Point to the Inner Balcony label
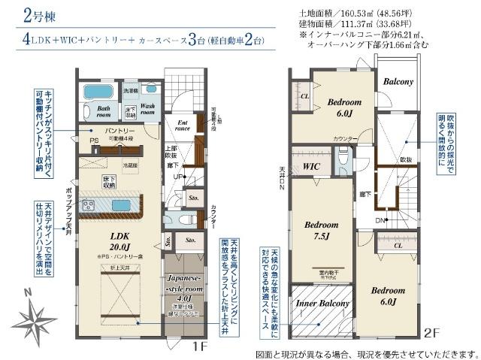pos(322,304)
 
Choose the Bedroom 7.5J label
pos(322,229)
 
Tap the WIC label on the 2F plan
pos(311,166)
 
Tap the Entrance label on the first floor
pos(181,125)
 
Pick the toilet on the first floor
pos(170,219)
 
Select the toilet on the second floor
pos(343,158)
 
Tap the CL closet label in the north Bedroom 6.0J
pos(304,97)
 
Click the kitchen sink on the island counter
pos(121,204)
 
